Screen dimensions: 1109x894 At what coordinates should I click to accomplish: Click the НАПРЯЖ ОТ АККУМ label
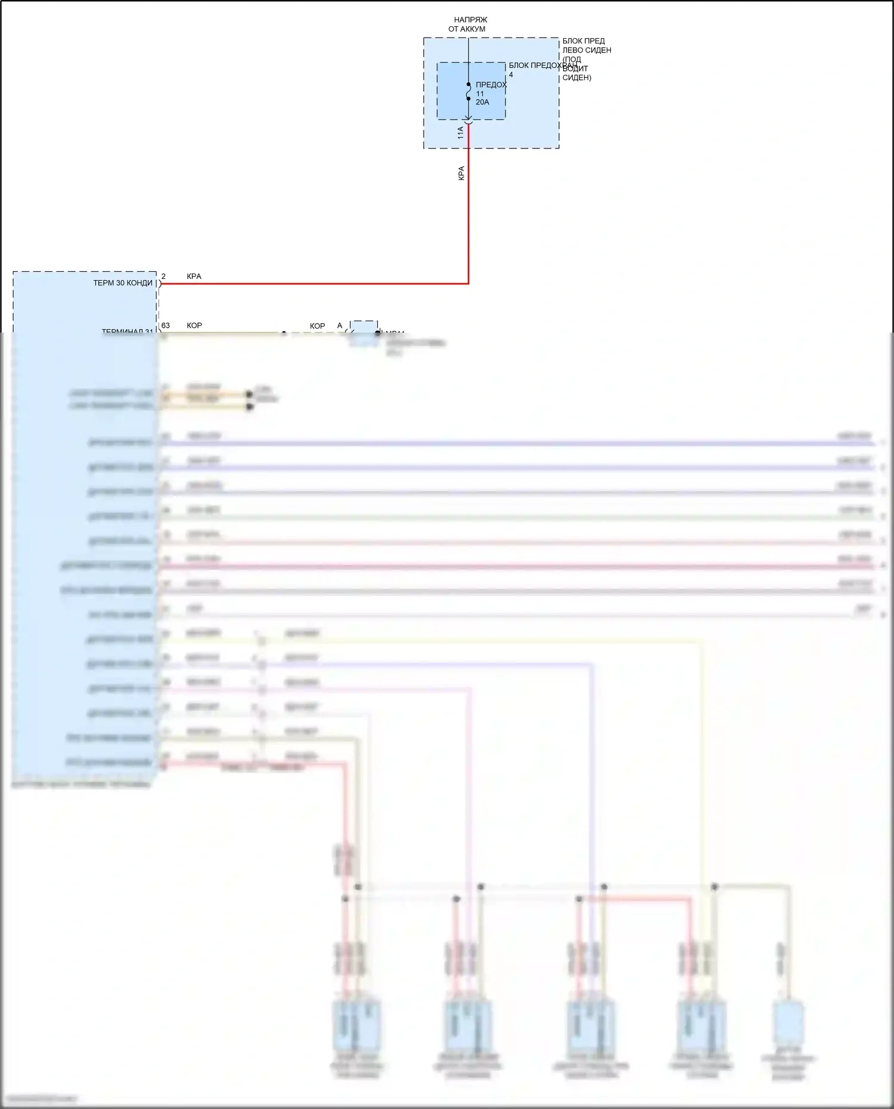(x=467, y=24)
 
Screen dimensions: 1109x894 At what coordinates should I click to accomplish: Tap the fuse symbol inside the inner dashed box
(x=468, y=92)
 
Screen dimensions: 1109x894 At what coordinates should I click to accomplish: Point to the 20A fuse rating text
(x=482, y=102)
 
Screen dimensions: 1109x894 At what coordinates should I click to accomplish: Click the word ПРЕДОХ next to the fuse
(x=491, y=85)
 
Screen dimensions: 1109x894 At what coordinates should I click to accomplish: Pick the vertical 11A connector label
(x=460, y=132)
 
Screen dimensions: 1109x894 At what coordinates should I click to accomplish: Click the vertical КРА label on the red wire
(x=461, y=173)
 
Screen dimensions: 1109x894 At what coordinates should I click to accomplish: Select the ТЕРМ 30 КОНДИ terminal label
(x=123, y=283)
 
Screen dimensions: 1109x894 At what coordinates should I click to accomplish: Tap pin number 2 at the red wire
(x=164, y=277)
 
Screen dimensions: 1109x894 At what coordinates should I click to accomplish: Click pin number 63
(x=166, y=325)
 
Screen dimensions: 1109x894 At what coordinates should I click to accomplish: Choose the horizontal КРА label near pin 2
(x=194, y=277)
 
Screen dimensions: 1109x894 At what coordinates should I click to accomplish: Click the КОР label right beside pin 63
(x=194, y=325)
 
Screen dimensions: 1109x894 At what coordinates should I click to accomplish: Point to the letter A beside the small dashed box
(x=340, y=326)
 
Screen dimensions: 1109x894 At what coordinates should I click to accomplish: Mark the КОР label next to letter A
(x=318, y=326)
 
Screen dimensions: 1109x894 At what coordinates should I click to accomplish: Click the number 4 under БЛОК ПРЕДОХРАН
(x=511, y=75)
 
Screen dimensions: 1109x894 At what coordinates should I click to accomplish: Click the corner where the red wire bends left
(x=468, y=284)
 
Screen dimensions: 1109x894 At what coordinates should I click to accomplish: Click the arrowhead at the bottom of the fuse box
(x=468, y=119)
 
